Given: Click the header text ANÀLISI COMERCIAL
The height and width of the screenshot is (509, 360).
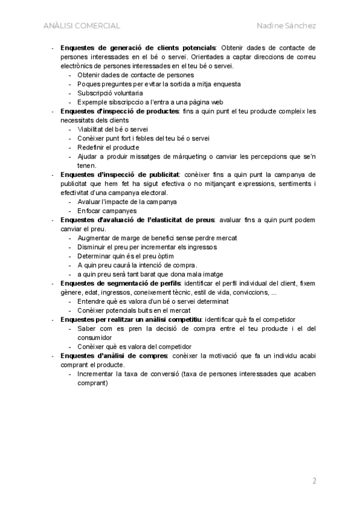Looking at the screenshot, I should click(82, 26).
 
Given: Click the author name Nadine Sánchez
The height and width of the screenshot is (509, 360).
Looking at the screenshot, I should click(286, 26).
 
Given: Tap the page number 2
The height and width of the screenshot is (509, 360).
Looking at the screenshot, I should click(314, 480).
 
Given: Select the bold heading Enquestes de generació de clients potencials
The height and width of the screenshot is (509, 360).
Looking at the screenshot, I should click(139, 47).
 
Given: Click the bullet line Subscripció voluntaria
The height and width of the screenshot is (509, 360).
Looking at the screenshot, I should click(110, 93).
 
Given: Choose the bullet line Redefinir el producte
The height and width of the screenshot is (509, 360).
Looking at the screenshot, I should click(108, 147).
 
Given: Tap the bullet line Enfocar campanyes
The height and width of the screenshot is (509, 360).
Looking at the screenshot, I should click(107, 211).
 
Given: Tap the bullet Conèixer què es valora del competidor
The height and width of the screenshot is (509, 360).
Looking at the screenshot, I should click(134, 346).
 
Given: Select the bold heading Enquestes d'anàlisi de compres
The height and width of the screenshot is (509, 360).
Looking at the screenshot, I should click(114, 356).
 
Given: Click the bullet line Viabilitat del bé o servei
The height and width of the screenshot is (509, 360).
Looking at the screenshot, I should click(113, 129).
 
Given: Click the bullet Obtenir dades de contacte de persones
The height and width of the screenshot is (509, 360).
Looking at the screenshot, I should click(136, 75).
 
